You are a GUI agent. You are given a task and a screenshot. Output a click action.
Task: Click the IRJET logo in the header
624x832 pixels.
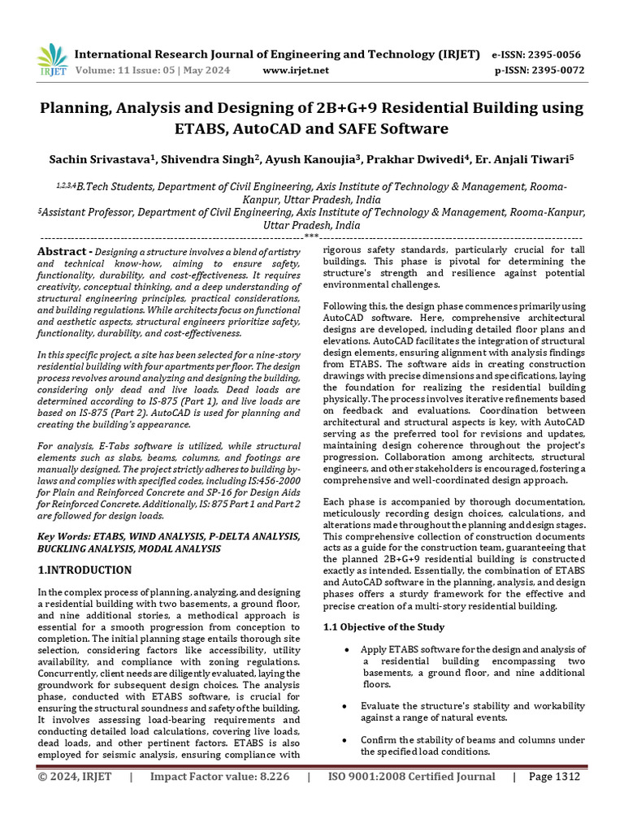pos(53,58)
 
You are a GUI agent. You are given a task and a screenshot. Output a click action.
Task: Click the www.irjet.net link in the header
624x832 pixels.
pos(296,71)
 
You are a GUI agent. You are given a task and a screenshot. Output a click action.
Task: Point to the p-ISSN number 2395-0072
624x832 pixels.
pos(556,71)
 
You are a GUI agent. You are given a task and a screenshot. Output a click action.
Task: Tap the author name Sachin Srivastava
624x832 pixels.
pos(106,160)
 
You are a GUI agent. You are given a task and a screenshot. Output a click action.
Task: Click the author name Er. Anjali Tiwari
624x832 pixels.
pos(528,160)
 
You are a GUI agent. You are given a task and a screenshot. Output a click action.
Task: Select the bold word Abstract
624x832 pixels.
pos(63,252)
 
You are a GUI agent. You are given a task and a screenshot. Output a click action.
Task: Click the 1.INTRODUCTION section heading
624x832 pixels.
pos(85,570)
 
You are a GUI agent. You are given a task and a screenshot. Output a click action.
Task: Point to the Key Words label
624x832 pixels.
pos(66,537)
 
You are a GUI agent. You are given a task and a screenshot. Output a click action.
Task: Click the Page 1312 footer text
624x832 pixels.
pos(554,777)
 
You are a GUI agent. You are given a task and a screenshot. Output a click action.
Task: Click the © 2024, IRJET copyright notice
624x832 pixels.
pos(74,777)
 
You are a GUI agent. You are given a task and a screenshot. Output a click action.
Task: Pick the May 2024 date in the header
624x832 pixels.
pos(205,71)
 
